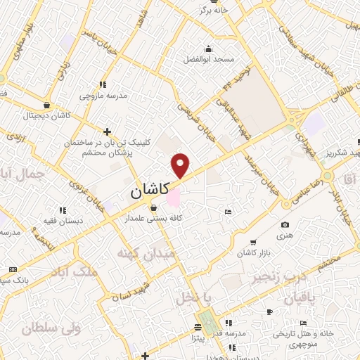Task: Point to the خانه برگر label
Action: [x=214, y=11]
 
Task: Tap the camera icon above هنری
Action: [x=285, y=225]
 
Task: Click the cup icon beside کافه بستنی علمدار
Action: [x=154, y=207]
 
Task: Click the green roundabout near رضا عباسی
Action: [x=327, y=175]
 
